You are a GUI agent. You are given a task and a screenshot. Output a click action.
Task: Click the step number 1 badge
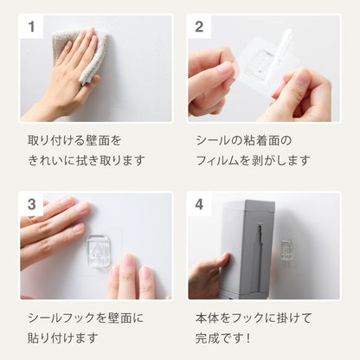(32, 27)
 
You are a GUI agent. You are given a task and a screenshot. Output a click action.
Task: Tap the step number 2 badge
(199, 27)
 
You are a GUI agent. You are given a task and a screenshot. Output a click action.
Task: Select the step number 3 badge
(32, 205)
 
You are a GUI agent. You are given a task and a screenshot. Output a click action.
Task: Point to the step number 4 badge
(199, 205)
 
